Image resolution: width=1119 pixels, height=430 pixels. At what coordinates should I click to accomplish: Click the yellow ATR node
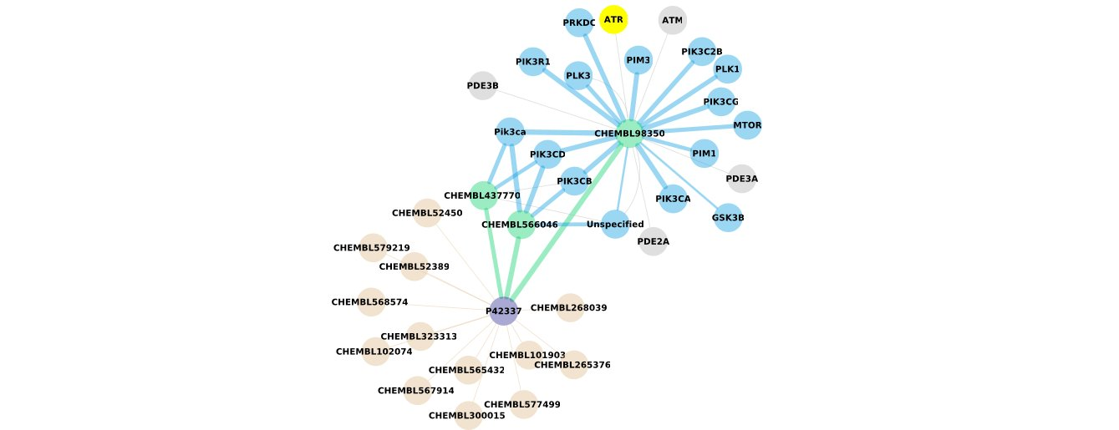click(613, 19)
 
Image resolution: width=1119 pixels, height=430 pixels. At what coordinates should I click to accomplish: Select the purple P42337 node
click(503, 311)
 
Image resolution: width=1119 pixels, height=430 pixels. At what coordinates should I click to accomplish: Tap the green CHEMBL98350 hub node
click(629, 133)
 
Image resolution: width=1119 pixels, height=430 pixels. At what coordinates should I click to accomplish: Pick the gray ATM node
click(672, 20)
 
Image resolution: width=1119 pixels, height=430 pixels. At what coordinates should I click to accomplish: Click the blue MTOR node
click(747, 125)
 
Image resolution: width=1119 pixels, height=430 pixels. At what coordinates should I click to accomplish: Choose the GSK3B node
click(728, 217)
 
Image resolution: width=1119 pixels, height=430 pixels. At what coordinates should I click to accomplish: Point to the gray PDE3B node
click(483, 85)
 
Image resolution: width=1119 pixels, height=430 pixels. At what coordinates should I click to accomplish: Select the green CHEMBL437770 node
click(483, 195)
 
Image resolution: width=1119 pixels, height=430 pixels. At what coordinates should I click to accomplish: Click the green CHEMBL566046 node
click(520, 224)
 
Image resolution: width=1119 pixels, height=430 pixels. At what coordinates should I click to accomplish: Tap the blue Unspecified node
click(615, 224)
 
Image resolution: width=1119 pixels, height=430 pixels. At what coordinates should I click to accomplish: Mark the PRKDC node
click(579, 23)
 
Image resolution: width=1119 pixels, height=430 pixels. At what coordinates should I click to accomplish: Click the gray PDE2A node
click(653, 241)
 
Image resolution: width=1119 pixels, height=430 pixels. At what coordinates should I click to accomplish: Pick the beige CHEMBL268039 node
click(569, 307)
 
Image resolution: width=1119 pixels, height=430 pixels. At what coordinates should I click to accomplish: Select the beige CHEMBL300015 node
click(468, 415)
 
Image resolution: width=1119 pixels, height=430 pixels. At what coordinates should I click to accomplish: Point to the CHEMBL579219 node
click(373, 247)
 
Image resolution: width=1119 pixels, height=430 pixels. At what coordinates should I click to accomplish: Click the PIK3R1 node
click(533, 61)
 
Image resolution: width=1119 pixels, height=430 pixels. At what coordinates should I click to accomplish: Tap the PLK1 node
click(727, 68)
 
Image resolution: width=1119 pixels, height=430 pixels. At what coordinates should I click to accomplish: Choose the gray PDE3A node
click(741, 178)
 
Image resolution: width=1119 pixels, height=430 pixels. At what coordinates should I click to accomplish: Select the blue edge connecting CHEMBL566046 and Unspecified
click(569, 224)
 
